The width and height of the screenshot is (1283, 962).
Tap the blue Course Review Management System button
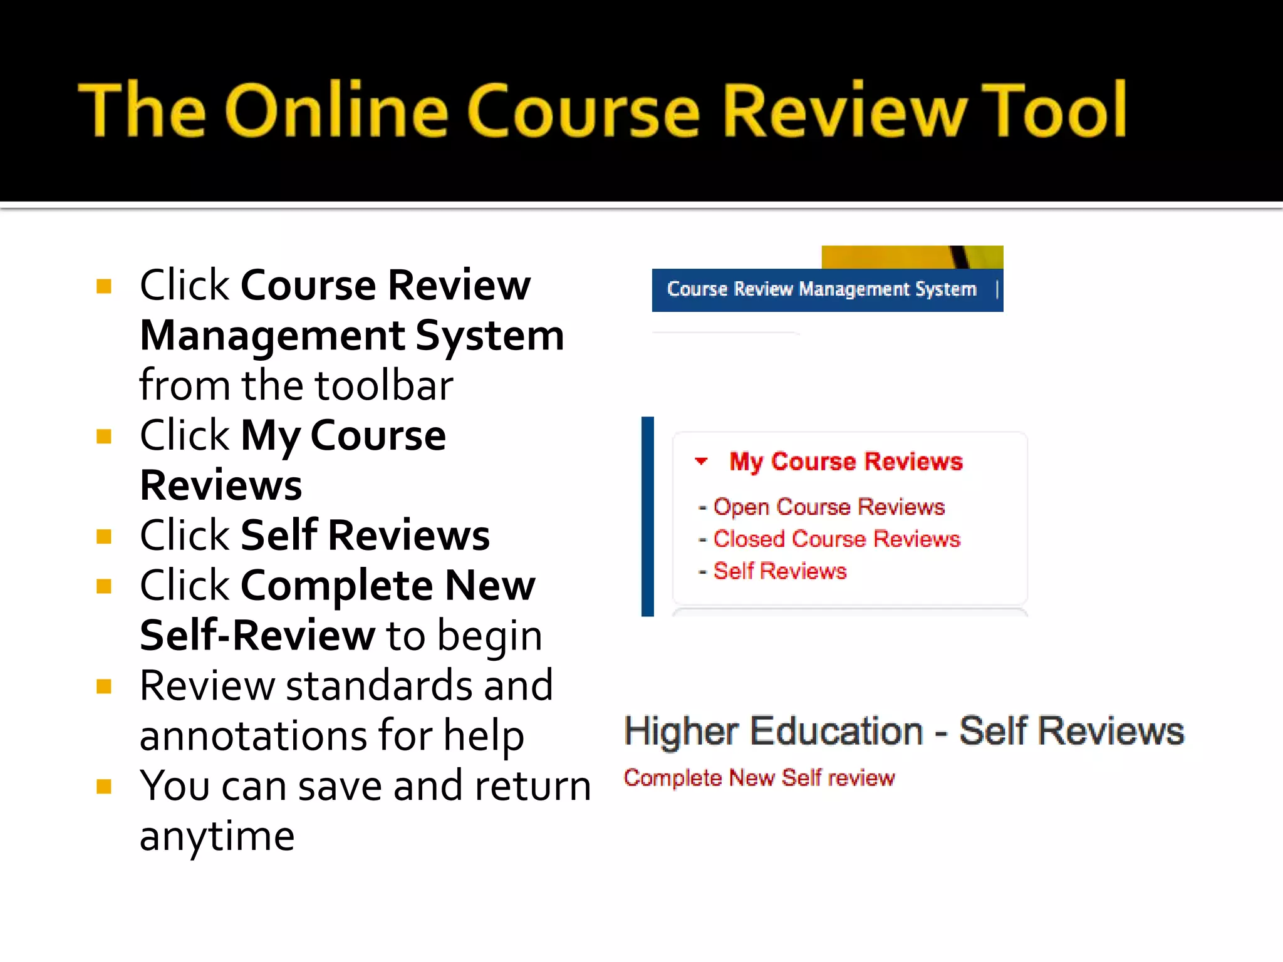point(821,289)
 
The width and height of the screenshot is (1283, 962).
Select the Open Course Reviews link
point(828,507)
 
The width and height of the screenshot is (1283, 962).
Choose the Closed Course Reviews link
point(836,539)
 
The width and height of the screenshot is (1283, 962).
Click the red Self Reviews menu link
point(780,571)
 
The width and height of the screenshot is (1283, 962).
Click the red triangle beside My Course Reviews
point(701,462)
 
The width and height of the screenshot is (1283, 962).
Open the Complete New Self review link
point(759,778)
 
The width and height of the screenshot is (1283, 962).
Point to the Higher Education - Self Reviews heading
point(903,731)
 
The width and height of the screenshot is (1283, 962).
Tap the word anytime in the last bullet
point(217,836)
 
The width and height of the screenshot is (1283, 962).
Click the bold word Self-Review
point(257,636)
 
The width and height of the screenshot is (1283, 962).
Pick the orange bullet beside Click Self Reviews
point(104,537)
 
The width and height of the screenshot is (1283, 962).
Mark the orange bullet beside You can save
point(104,787)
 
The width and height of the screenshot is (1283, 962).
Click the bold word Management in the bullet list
point(273,336)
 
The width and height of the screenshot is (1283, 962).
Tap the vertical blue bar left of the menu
point(648,516)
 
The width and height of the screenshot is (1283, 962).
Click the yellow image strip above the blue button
point(912,257)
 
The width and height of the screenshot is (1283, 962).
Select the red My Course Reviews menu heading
point(845,462)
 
